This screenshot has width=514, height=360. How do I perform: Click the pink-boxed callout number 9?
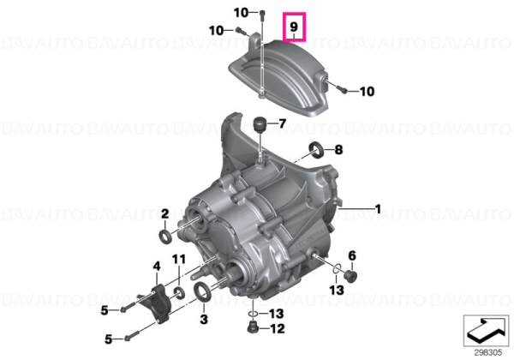pos(294,26)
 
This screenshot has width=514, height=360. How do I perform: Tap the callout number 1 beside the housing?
pos(378,209)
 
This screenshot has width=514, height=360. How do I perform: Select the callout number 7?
pos(282,123)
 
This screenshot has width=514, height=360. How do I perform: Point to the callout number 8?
pos(338,150)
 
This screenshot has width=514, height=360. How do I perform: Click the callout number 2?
pos(164,213)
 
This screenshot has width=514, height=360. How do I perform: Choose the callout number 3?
pos(204,319)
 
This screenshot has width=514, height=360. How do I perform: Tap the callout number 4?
pos(157,266)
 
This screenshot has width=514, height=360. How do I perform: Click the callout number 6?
pos(352,255)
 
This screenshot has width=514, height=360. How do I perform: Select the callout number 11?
pos(179,260)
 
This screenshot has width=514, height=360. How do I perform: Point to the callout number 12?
pos(277,328)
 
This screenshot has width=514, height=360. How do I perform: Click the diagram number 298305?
pos(487,353)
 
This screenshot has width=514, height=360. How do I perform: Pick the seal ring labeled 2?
pos(164,237)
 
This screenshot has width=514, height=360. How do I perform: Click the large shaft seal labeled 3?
pos(201,291)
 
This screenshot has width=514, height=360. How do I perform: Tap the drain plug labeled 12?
pos(253,327)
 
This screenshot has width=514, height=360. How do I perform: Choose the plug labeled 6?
pos(351,275)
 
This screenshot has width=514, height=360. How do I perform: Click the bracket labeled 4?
pos(155,304)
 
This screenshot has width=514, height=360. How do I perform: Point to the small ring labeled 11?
pos(179,292)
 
